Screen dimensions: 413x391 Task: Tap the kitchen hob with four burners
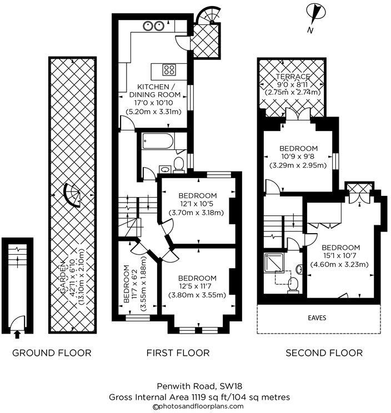(x=169, y=70)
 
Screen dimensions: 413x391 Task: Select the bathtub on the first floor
(x=158, y=142)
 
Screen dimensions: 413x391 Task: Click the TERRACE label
(x=294, y=76)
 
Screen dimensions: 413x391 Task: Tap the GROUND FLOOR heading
(x=52, y=352)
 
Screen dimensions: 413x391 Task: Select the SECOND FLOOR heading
(x=324, y=352)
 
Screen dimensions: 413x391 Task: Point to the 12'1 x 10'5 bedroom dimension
(x=197, y=204)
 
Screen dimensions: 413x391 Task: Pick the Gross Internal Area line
(x=198, y=397)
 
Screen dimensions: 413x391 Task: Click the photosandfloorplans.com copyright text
(x=198, y=406)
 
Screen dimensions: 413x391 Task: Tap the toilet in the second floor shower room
(x=294, y=284)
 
